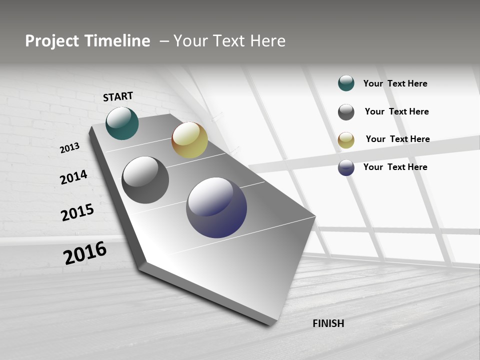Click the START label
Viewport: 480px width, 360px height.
(x=118, y=96)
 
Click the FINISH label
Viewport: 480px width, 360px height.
(x=328, y=323)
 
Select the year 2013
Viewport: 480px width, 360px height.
(x=69, y=147)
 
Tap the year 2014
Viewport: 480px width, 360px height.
(x=73, y=177)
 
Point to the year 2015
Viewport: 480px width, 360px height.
(x=77, y=212)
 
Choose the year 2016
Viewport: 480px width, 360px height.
(x=85, y=253)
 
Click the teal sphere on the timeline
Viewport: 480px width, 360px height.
(x=122, y=123)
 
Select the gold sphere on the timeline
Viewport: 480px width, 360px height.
(x=189, y=140)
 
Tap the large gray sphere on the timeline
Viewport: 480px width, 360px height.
(x=145, y=180)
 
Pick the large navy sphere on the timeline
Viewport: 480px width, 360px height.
(x=216, y=207)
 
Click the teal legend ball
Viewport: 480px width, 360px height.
(x=346, y=83)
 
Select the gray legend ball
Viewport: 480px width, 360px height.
(x=346, y=112)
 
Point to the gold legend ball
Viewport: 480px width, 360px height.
(x=346, y=140)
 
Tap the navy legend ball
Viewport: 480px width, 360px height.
(x=346, y=167)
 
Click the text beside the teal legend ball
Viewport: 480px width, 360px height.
(x=395, y=83)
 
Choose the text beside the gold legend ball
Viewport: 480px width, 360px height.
(x=397, y=139)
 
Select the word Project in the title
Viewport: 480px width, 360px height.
(x=52, y=41)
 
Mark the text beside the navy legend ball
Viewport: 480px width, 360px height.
(x=395, y=167)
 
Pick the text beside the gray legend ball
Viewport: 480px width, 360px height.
(x=396, y=111)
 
